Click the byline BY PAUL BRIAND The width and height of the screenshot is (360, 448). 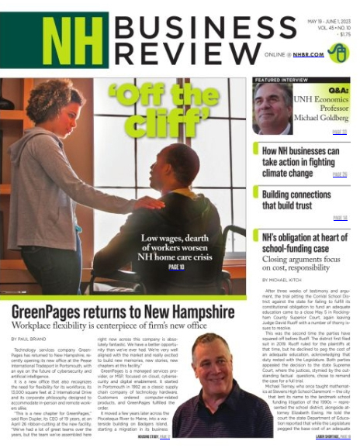click(29, 317)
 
